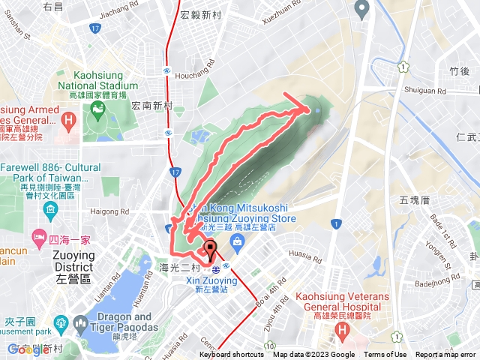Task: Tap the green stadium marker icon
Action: (x=97, y=115)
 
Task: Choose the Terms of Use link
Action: (x=385, y=355)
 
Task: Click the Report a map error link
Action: (x=445, y=355)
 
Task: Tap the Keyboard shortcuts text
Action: (x=232, y=355)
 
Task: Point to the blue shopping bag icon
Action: (x=237, y=241)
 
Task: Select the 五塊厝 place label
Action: (x=413, y=200)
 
